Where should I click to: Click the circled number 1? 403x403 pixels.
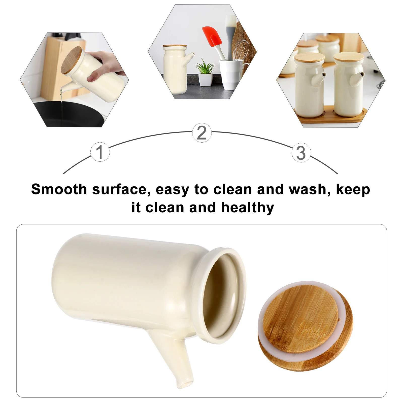(100, 152)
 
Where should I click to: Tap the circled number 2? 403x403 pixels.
(202, 132)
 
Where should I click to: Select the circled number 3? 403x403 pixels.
(301, 153)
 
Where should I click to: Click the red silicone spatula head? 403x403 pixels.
(212, 37)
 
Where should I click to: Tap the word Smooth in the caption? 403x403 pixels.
(59, 189)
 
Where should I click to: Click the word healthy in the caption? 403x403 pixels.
(247, 208)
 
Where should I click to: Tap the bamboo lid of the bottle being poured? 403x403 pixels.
(72, 60)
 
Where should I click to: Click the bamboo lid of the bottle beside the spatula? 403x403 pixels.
(175, 46)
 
